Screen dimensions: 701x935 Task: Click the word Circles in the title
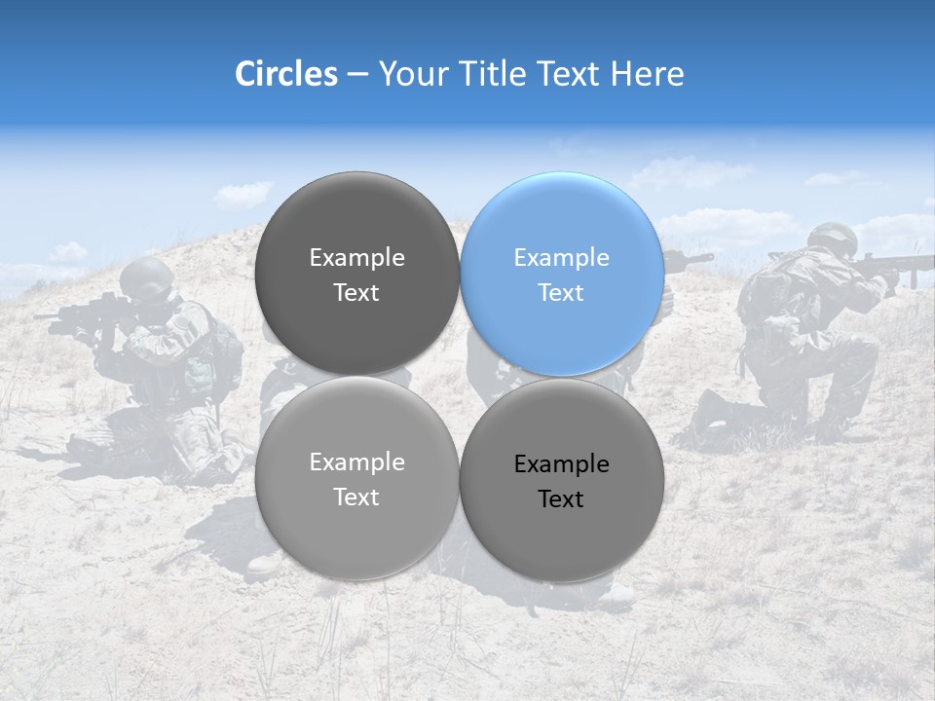(285, 74)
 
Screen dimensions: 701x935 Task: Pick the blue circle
(562, 274)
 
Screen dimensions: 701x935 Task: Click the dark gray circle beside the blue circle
(356, 274)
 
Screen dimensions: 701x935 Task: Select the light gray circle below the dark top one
(356, 478)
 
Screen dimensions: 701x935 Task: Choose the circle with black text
(562, 480)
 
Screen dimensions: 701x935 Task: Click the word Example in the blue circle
(561, 258)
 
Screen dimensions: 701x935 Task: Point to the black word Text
(561, 499)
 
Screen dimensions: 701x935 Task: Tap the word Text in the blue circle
(561, 293)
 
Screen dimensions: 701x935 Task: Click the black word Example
(561, 464)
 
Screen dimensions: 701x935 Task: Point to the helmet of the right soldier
(832, 237)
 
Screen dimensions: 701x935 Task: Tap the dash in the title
(357, 74)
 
